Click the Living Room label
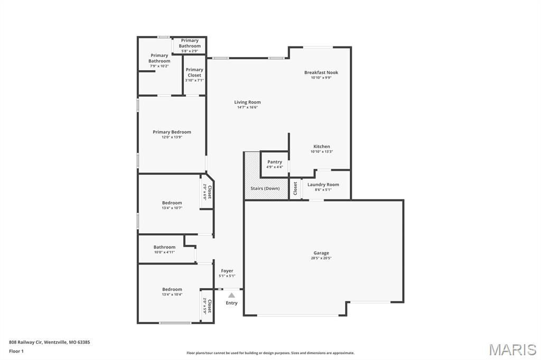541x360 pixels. tap(247, 102)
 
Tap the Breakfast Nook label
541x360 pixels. tap(321, 73)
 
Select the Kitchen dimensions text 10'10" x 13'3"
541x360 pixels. tap(322, 151)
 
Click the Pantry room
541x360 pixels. tap(275, 164)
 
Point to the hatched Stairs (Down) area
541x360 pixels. tap(265, 188)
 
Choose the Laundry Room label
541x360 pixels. tap(323, 185)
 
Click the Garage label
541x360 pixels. tap(321, 253)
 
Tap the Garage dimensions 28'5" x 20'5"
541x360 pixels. tap(321, 259)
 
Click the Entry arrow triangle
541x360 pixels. tap(231, 296)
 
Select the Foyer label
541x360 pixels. tap(227, 271)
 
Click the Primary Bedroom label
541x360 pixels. tap(172, 132)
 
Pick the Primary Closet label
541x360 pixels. tap(194, 72)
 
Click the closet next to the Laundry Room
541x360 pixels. tap(295, 189)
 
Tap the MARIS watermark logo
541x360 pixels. tap(512, 349)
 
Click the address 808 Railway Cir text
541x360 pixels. tap(49, 342)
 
